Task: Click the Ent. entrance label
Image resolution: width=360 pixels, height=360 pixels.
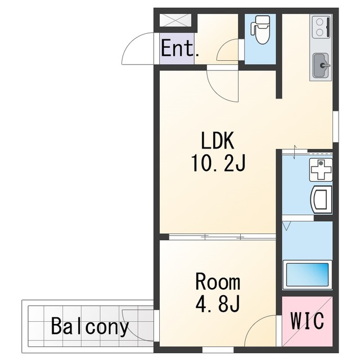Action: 180,48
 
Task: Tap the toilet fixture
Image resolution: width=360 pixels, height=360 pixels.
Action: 260,29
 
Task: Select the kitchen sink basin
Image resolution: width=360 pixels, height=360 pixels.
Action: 321,66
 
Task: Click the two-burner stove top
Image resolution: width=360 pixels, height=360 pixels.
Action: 321,26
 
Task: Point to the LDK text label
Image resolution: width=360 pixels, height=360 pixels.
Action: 218,140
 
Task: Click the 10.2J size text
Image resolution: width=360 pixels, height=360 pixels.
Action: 218,163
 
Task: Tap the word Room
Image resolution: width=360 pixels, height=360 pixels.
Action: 218,281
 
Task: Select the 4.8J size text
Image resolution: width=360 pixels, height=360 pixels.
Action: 218,303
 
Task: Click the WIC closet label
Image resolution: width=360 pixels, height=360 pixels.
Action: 307,320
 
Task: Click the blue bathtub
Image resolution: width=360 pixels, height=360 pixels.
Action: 307,275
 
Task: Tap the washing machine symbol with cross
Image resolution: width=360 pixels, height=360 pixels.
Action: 321,170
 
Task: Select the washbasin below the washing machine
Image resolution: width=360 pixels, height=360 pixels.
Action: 321,200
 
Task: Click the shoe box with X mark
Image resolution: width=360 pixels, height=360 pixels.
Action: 175,20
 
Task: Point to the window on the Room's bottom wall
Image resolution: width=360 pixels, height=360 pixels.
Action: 218,350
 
